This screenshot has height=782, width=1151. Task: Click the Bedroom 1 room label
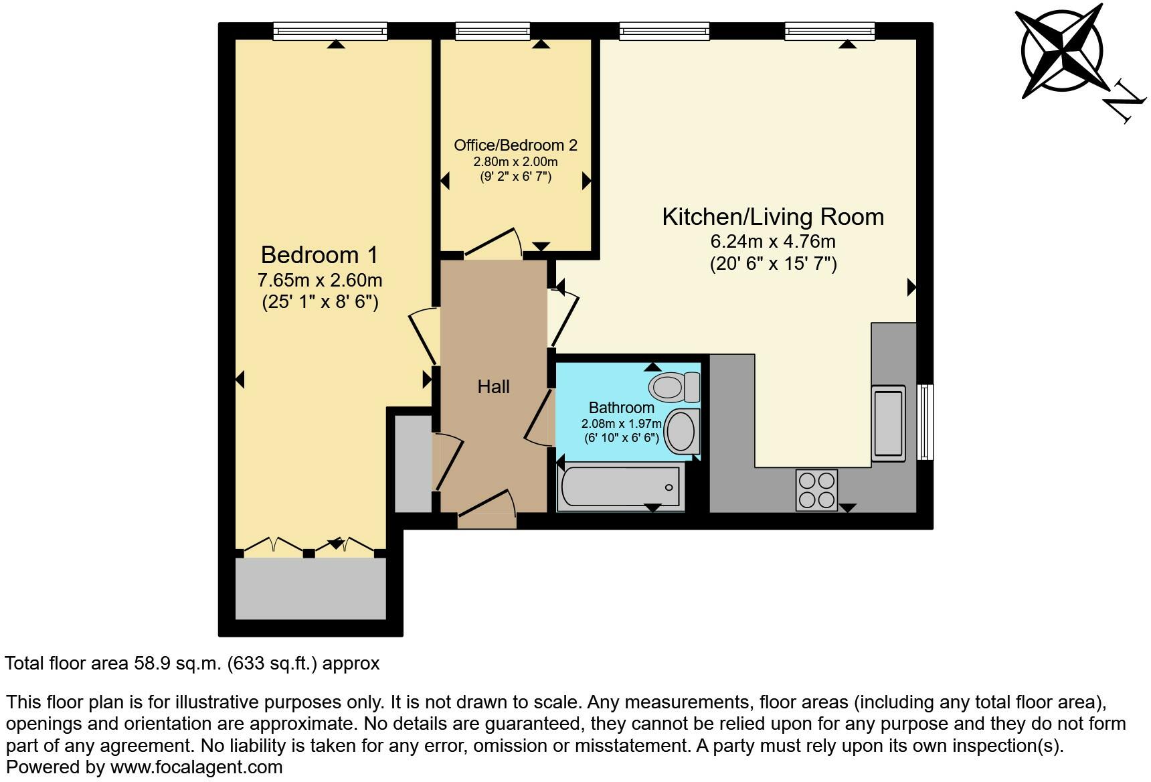(x=319, y=255)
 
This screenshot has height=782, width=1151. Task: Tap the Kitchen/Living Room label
(x=773, y=217)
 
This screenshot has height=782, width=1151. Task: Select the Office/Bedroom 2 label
(x=515, y=145)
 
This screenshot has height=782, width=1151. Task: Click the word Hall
(x=493, y=386)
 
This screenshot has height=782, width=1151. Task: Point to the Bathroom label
(x=622, y=408)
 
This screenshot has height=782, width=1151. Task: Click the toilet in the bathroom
(x=674, y=386)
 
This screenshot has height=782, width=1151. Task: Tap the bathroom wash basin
(x=683, y=431)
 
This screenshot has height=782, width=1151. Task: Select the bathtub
(x=621, y=487)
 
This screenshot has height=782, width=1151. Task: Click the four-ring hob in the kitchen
(x=816, y=491)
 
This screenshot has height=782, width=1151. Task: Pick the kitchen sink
(x=889, y=422)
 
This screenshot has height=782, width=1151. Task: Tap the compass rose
(x=1061, y=52)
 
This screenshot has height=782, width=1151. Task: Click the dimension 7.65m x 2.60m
(x=320, y=280)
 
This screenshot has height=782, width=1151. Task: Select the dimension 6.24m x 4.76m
(x=773, y=241)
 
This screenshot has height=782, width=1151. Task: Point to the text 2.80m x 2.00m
(x=515, y=162)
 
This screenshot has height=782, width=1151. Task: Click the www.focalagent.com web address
(x=196, y=767)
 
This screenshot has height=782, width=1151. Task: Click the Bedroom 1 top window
(x=331, y=31)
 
